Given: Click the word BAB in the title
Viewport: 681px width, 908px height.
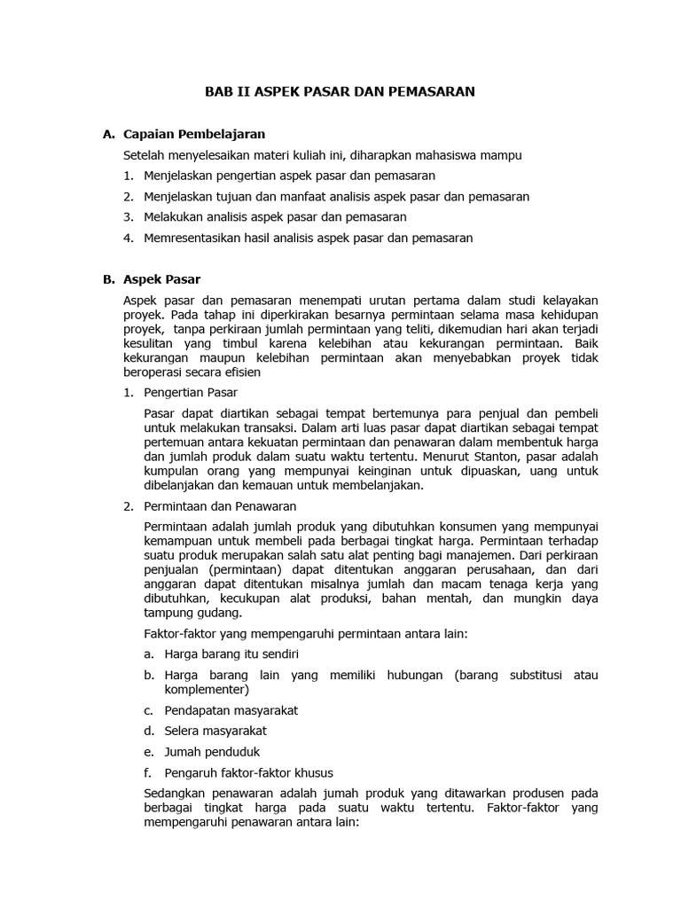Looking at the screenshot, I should (x=219, y=91).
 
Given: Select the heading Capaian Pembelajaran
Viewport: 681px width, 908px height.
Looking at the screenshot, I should (x=193, y=135).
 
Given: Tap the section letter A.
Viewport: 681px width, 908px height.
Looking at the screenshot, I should (x=108, y=135).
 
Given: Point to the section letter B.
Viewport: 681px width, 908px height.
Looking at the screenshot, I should (x=108, y=279).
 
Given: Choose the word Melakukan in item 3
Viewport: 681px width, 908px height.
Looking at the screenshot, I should (x=172, y=217).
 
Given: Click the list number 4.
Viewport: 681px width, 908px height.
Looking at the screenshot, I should (x=129, y=238).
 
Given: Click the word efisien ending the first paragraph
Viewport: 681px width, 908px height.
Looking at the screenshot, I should (x=240, y=372).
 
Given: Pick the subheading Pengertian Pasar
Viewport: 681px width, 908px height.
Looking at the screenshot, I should (x=191, y=392).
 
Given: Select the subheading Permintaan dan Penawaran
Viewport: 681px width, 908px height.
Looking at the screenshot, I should (x=220, y=506).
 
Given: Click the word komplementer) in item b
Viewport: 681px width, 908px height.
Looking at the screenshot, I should (x=207, y=689).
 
